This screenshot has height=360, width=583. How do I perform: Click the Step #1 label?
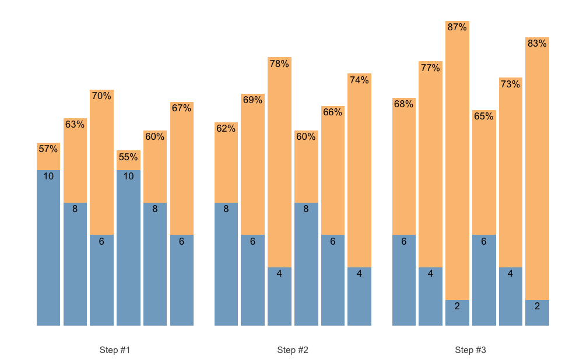click(x=115, y=350)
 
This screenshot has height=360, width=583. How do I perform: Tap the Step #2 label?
click(x=293, y=350)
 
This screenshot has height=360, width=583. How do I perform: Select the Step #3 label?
click(x=470, y=350)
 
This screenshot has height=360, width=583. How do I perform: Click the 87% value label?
click(x=457, y=27)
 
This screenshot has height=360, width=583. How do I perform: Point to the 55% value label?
click(x=128, y=157)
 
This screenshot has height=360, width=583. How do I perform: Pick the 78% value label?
click(x=279, y=64)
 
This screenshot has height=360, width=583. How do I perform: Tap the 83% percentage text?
click(x=537, y=43)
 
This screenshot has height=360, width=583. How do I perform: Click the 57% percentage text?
click(x=48, y=149)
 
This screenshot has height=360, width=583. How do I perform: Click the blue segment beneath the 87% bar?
click(x=457, y=313)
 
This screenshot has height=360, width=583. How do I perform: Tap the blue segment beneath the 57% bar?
click(x=48, y=250)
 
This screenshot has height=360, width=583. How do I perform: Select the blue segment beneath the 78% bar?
click(x=279, y=297)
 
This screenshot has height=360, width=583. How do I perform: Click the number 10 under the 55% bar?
click(x=128, y=176)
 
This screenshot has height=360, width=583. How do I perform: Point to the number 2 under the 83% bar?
click(x=537, y=306)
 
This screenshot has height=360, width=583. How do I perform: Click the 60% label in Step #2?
click(x=306, y=137)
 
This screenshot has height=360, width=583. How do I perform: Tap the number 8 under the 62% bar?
click(x=226, y=209)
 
